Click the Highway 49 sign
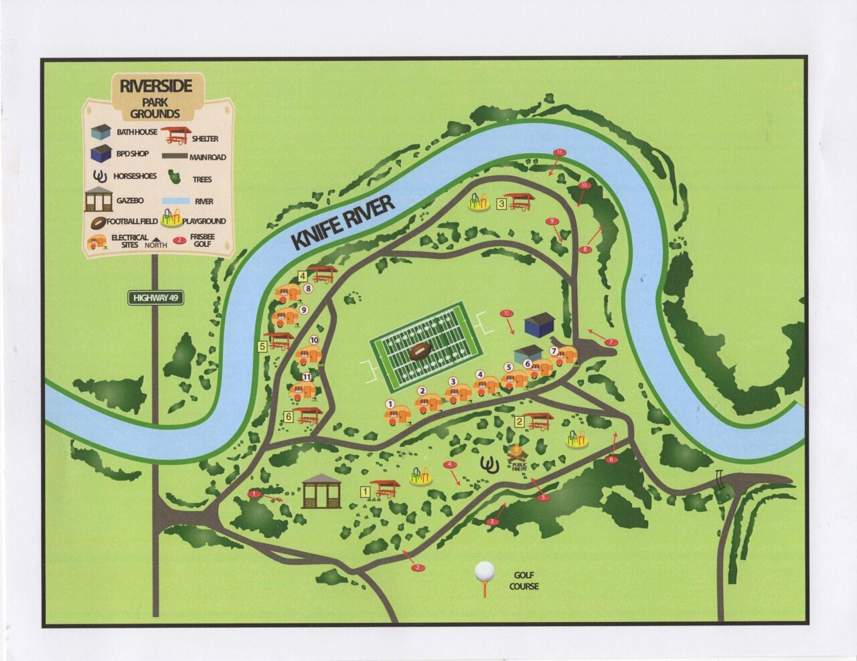pos(157,298)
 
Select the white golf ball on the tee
pos(484,571)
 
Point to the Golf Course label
pos(524,581)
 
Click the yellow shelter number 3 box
pos(501,205)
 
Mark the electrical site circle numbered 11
pos(307,377)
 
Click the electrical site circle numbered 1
pos(390,404)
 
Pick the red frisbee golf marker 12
pos(507,312)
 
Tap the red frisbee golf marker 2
pos(418,568)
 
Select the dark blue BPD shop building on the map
pos(540,325)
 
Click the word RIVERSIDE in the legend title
pos(156,86)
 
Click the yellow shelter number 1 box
pos(366,492)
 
